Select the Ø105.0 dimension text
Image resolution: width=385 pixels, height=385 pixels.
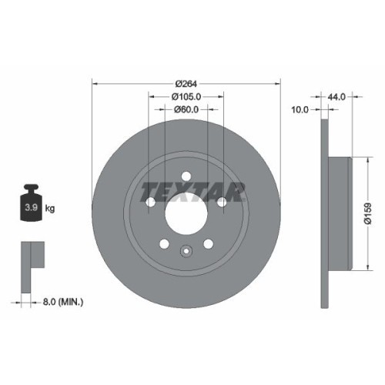tap(186, 96)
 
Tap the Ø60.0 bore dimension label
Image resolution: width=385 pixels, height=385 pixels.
tap(186, 110)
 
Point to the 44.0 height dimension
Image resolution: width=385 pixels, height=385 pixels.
tap(336, 97)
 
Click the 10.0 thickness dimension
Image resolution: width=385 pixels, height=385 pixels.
tap(300, 110)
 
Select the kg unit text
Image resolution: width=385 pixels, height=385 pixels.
tap(50, 208)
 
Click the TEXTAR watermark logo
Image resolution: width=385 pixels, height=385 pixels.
tap(186, 189)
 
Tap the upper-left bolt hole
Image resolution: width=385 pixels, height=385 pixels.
tap(150, 202)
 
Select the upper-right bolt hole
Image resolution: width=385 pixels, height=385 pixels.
tap(222, 202)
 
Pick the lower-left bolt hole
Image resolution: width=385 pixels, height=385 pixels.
tap(163, 243)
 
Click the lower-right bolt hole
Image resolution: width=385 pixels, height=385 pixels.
tap(208, 243)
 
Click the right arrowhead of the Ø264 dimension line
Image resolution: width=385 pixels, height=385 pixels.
tap(277, 82)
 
